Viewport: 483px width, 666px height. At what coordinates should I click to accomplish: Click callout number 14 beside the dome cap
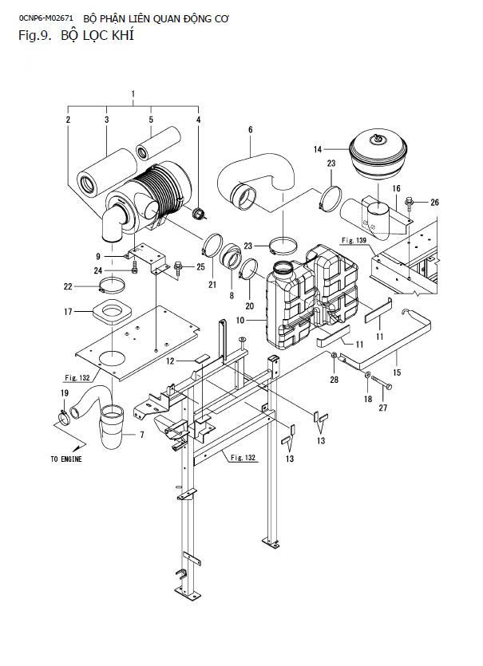pos(318,149)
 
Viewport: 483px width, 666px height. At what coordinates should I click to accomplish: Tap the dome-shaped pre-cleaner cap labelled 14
pos(378,154)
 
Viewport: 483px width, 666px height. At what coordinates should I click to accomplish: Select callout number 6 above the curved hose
pos(251,129)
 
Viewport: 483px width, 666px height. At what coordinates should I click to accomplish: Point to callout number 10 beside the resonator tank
pos(240,320)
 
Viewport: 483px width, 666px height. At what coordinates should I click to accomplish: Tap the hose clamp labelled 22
pos(113,285)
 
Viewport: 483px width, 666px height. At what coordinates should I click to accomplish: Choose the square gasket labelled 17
pos(112,313)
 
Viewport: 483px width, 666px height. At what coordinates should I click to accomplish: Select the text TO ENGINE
pos(66,459)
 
